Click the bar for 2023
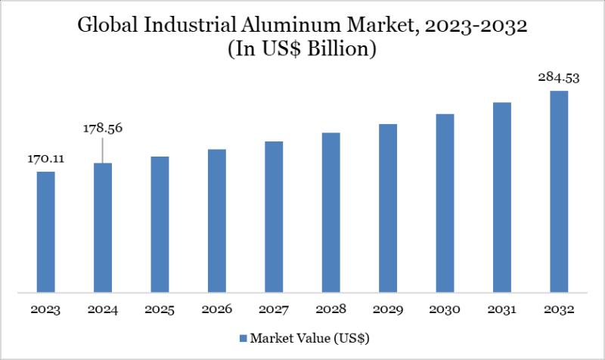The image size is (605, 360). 46,231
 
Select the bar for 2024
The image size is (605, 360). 103,227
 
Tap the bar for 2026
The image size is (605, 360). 217,220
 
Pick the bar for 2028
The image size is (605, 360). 330,212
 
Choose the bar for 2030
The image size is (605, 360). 445,203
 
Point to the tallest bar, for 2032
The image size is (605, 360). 559,191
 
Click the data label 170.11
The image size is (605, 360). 46,160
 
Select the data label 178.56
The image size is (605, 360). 103,128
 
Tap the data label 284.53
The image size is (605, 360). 559,78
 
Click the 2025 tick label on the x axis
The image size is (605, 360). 160,309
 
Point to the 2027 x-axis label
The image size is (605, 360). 274,309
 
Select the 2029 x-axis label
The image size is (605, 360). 388,309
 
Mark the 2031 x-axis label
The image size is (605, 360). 501,309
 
